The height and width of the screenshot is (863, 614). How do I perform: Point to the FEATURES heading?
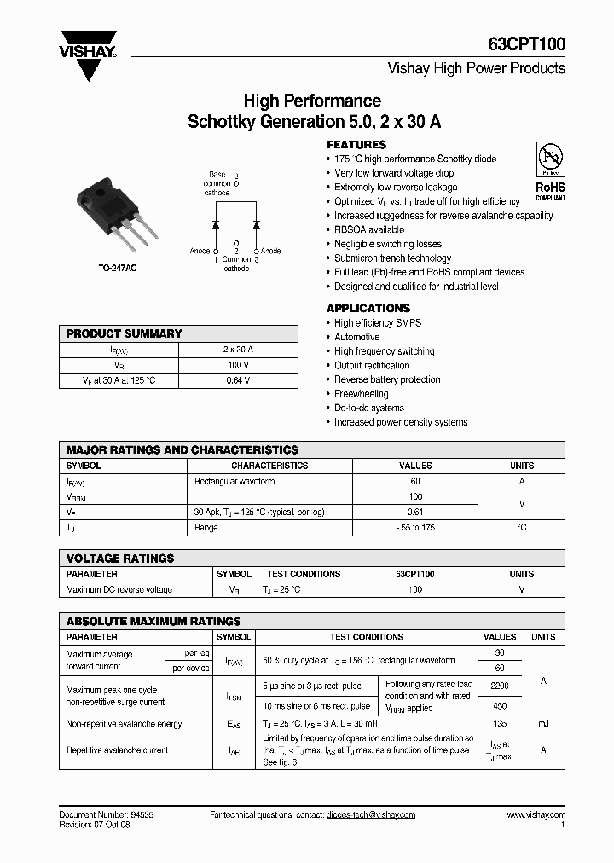pyautogui.click(x=356, y=145)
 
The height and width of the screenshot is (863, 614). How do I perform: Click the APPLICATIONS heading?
pyautogui.click(x=368, y=308)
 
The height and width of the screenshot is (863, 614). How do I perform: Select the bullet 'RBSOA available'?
pyautogui.click(x=369, y=229)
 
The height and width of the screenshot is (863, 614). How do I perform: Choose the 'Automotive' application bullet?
pyautogui.click(x=356, y=337)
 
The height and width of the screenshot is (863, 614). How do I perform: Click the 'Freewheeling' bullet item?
pyautogui.click(x=361, y=394)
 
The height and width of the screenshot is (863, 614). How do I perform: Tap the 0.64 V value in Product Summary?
pyautogui.click(x=238, y=380)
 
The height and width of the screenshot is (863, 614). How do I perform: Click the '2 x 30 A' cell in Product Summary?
pyautogui.click(x=238, y=350)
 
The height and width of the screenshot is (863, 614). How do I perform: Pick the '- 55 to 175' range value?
pyautogui.click(x=415, y=528)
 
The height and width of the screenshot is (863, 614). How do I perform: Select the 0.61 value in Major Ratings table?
pyautogui.click(x=415, y=513)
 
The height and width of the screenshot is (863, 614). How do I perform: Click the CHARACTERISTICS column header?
pyautogui.click(x=269, y=466)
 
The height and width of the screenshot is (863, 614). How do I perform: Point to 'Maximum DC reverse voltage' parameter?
pyautogui.click(x=119, y=589)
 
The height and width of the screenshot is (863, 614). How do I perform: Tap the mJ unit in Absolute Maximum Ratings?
pyautogui.click(x=543, y=724)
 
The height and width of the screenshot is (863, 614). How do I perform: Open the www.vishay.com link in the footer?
pyautogui.click(x=536, y=814)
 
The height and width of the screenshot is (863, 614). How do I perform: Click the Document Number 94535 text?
pyautogui.click(x=107, y=814)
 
